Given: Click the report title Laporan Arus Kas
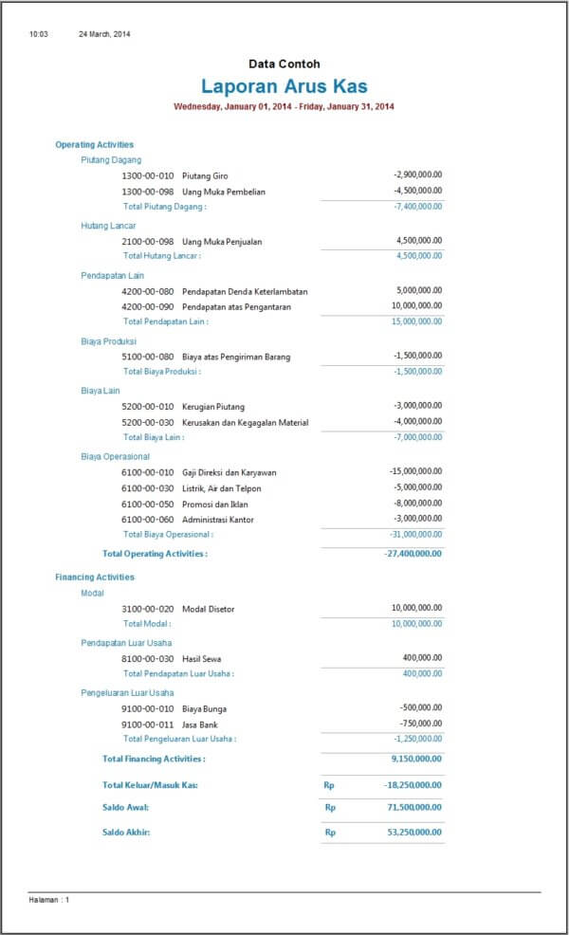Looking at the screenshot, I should [x=284, y=86].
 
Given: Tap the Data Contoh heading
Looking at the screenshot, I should [x=284, y=64].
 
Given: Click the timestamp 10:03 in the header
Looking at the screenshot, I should [x=39, y=34].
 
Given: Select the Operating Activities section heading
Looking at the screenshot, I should [x=94, y=145].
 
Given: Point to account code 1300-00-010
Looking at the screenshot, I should [x=148, y=175].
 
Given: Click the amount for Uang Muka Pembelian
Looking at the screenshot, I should [x=417, y=191].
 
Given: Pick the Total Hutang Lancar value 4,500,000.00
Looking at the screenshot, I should [x=418, y=256].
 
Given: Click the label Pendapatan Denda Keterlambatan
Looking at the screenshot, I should [x=245, y=291].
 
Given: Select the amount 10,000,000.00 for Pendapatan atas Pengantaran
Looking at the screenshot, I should [x=416, y=306].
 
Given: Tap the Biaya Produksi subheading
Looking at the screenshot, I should [x=108, y=340].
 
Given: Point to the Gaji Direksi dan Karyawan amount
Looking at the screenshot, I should [x=415, y=471].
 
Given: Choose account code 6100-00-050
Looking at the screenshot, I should [x=148, y=504].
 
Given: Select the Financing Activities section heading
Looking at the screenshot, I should [x=95, y=577].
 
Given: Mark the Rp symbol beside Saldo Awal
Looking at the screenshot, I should [x=330, y=808].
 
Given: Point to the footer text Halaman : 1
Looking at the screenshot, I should [x=49, y=899].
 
